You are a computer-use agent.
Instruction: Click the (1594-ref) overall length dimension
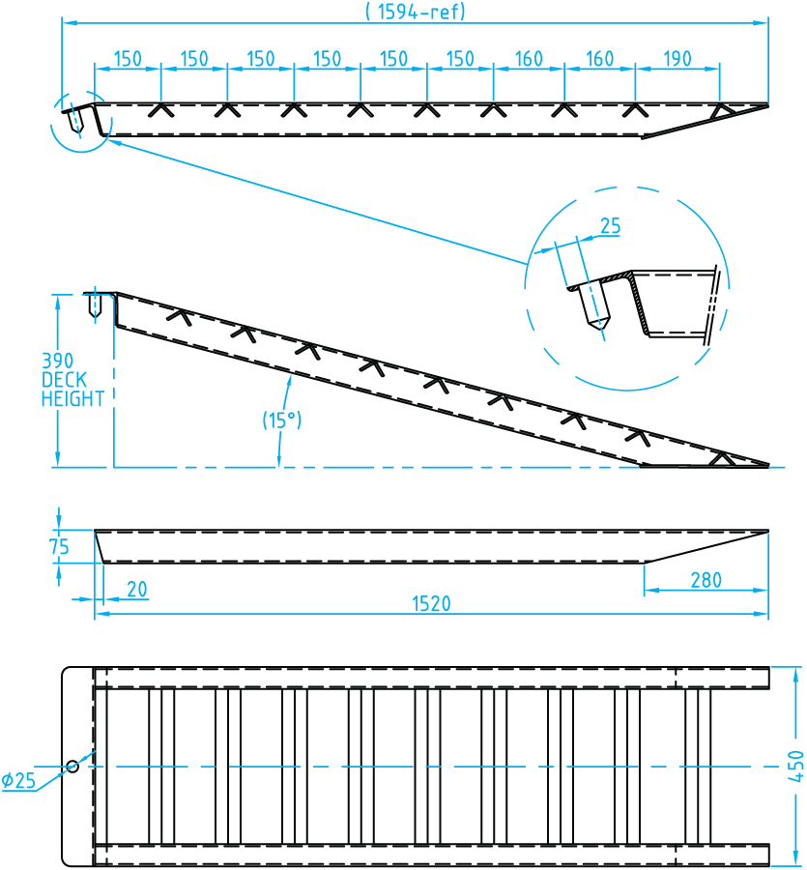(x=416, y=12)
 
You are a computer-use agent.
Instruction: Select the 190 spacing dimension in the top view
(x=677, y=59)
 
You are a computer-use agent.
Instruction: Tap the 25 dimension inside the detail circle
(x=610, y=227)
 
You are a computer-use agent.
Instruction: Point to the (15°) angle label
(x=282, y=420)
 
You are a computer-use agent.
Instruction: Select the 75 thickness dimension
(x=59, y=546)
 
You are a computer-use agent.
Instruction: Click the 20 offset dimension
(x=137, y=589)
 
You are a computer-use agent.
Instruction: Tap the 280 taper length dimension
(x=706, y=580)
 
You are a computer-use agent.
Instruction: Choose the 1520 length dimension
(x=432, y=604)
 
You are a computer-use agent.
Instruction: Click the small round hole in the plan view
(x=72, y=767)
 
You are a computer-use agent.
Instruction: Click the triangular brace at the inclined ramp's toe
(x=719, y=458)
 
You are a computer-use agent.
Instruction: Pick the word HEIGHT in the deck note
(x=72, y=399)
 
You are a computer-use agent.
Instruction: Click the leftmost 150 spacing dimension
(x=128, y=59)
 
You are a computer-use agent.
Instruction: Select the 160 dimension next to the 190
(x=599, y=59)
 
